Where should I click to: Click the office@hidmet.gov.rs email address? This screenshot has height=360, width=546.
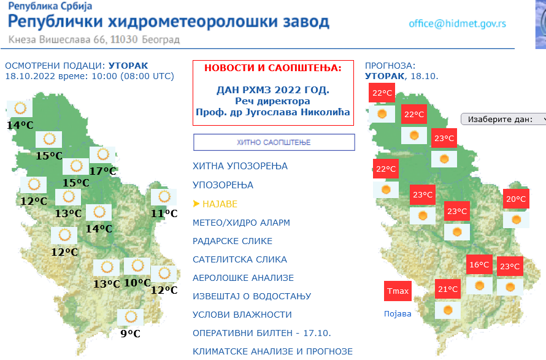coord(457,24)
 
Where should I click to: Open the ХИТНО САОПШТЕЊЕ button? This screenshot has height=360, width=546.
coord(274,142)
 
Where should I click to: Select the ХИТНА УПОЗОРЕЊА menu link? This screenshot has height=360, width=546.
coord(240,166)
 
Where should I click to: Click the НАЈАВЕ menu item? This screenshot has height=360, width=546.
coord(220,204)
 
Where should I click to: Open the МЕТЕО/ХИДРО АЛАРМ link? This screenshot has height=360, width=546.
coord(241,223)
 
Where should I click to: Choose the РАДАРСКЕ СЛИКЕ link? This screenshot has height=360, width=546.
coord(233,241)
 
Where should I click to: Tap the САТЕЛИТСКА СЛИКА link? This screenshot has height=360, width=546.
coord(240,259)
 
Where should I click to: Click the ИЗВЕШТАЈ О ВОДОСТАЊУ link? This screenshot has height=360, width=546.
coord(252,296)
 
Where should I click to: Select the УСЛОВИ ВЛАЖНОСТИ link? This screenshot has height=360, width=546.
coord(242,315)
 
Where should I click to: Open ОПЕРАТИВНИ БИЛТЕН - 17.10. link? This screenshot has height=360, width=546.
coord(262,333)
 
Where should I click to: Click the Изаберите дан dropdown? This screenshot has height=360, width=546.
coord(503,119)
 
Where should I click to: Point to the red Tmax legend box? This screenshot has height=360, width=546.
coord(398,291)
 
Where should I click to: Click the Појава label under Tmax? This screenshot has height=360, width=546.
coord(398,313)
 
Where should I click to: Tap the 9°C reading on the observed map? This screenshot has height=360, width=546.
coord(131,334)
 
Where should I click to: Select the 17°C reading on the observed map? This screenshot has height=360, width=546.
coord(102,171)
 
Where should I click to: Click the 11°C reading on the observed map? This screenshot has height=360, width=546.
coord(164,213)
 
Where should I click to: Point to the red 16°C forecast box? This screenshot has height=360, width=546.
coord(480,265)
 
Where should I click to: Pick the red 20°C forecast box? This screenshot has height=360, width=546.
coord(516,199)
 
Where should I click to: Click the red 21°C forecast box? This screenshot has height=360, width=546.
coord(448,289)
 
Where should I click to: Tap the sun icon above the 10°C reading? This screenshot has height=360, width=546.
coord(137,266)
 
